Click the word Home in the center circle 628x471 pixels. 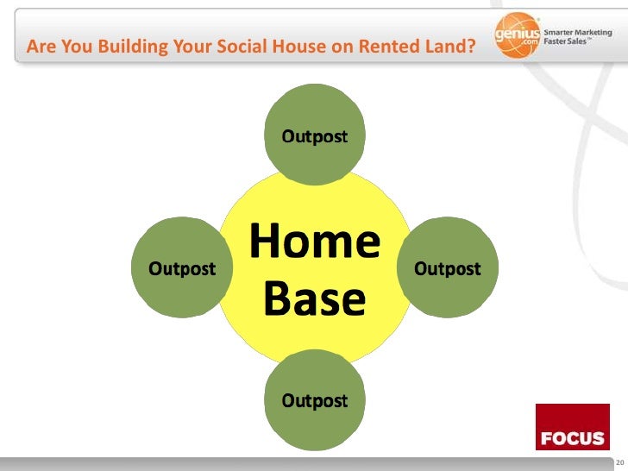[x=315, y=242]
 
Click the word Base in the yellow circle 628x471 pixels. [x=315, y=298]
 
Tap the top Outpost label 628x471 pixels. [x=316, y=137]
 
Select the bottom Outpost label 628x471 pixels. [x=316, y=401]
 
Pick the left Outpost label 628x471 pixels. [x=183, y=268]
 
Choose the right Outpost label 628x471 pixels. [x=448, y=268]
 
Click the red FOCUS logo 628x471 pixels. [x=572, y=427]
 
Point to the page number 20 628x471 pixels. [x=619, y=463]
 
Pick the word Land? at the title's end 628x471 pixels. [x=450, y=46]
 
